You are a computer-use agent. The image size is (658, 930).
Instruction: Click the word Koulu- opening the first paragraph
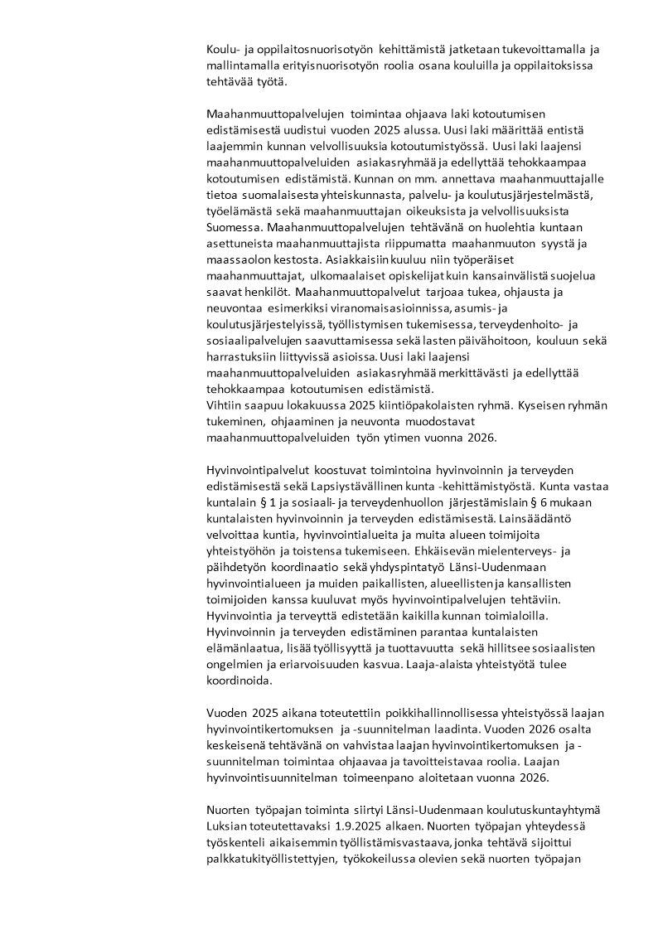[x=222, y=50]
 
